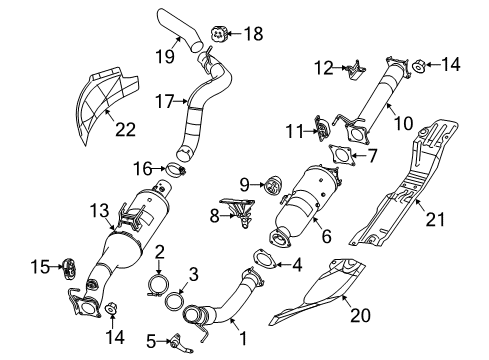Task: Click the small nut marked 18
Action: [x=217, y=34]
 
